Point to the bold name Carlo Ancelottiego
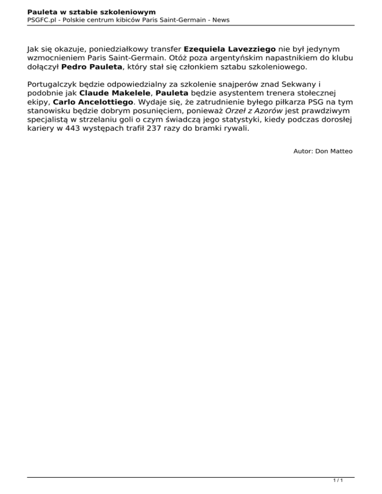[x=93, y=101]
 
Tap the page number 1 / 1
[x=338, y=481]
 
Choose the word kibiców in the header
[x=125, y=20]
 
